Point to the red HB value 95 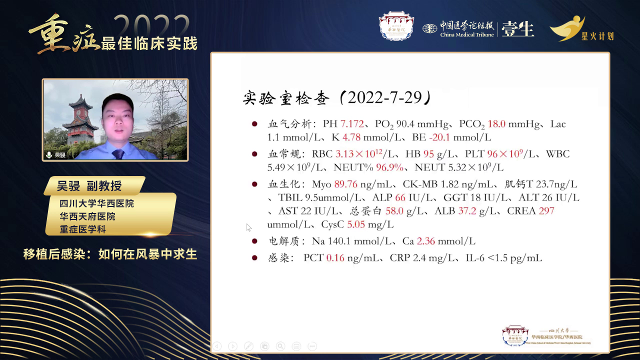(428, 154)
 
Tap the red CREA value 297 (546, 211)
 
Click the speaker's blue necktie (118, 153)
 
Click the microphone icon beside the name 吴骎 (49, 155)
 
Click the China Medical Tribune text (467, 34)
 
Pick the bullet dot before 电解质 (255, 240)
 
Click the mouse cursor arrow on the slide (248, 227)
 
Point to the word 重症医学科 (82, 230)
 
